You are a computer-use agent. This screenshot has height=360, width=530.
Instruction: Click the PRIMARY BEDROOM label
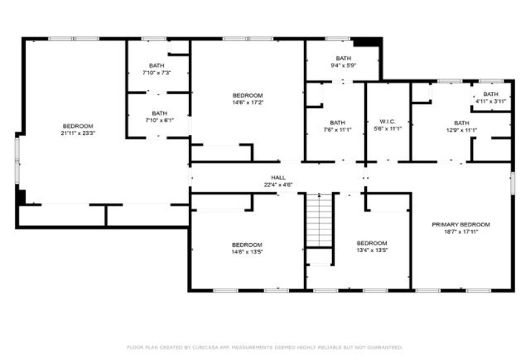461,224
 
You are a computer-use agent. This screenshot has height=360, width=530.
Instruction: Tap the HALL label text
278,177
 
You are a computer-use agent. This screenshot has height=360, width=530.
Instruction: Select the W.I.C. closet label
387,122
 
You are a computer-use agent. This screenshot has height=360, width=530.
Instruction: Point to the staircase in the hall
319,220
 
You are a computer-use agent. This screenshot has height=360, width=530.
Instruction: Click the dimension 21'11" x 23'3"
78,133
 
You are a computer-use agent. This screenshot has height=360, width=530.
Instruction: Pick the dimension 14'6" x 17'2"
247,102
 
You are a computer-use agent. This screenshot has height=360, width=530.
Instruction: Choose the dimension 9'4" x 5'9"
343,65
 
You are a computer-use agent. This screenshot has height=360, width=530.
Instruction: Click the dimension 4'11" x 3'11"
491,102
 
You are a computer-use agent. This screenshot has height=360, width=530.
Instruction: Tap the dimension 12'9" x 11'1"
461,130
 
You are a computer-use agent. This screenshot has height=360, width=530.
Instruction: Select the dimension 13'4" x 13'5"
372,251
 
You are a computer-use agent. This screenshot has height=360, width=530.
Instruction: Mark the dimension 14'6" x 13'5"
247,252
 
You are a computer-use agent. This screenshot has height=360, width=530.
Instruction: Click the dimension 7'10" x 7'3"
157,73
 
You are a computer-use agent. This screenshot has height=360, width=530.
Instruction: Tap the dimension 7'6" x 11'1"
337,130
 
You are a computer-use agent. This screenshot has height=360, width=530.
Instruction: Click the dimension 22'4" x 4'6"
278,185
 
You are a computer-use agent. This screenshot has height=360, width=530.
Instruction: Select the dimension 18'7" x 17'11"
461,232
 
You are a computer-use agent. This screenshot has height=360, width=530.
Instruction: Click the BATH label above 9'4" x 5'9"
343,58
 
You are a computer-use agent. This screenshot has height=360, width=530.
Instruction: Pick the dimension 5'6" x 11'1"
387,129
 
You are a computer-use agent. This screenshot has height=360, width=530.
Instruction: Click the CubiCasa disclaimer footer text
265,347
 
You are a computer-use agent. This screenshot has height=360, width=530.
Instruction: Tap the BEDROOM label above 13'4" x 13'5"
372,243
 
